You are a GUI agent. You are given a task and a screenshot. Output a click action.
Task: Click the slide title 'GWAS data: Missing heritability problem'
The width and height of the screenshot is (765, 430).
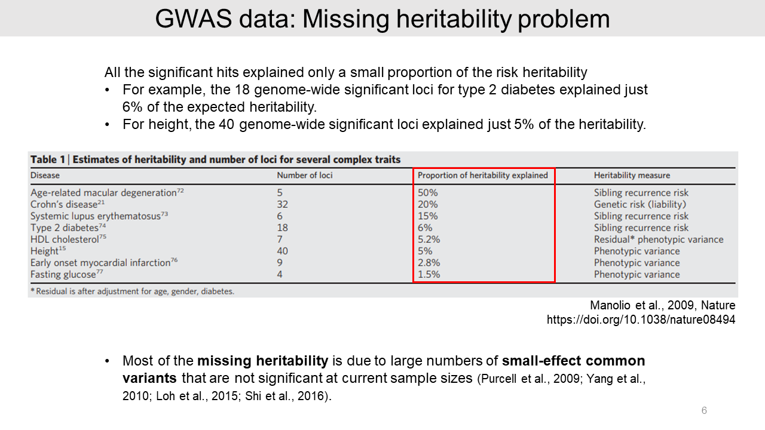click(x=382, y=19)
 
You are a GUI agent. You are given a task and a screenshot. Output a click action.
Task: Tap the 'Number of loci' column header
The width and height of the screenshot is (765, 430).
click(x=305, y=176)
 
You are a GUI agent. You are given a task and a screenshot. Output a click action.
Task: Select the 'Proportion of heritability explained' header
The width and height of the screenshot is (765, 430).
click(x=483, y=176)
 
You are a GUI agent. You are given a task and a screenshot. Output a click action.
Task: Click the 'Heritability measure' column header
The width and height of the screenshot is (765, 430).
click(x=632, y=176)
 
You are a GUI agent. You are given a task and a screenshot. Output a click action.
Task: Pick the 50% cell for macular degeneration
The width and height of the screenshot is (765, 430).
click(x=428, y=193)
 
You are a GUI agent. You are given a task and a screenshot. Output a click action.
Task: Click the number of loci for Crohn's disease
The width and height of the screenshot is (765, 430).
click(x=282, y=204)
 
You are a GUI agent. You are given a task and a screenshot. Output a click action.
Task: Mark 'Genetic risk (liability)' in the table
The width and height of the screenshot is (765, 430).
click(x=639, y=204)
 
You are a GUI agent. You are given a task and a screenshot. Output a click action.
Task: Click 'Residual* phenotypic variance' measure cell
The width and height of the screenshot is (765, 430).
click(x=658, y=239)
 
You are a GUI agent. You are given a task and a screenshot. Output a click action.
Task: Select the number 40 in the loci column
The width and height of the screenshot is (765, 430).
click(x=282, y=251)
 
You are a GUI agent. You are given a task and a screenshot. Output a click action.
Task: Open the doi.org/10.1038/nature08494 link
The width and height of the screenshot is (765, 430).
click(x=641, y=320)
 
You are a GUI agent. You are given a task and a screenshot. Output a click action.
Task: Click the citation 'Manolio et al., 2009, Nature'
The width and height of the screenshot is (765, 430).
click(x=662, y=306)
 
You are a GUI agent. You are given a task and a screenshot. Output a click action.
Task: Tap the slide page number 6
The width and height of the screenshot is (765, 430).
click(x=704, y=411)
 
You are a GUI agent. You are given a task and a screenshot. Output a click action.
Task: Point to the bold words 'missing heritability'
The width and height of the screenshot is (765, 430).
click(x=262, y=361)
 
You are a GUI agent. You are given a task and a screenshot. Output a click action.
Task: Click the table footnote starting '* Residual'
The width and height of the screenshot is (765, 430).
click(x=131, y=292)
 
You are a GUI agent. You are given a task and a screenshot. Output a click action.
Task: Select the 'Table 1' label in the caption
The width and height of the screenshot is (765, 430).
click(x=48, y=159)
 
